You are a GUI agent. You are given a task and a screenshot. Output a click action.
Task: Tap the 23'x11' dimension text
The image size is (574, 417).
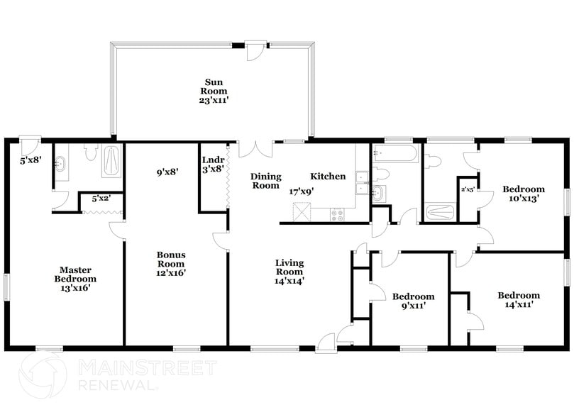213,101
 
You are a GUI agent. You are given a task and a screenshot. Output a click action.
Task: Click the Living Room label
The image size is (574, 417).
289,267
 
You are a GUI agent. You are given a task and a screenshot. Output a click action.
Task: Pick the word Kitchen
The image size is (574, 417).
328,177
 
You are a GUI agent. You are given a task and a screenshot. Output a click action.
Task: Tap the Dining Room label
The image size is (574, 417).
266,181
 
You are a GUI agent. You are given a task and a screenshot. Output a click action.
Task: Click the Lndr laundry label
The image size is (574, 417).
213,160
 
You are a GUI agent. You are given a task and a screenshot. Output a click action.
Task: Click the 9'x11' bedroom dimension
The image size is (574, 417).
413,306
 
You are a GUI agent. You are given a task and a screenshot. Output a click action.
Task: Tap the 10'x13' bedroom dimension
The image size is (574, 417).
524,199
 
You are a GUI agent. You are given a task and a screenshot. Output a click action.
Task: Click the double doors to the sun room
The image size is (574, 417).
255,150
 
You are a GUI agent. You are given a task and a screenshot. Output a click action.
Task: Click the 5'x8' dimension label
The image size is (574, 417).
29,161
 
